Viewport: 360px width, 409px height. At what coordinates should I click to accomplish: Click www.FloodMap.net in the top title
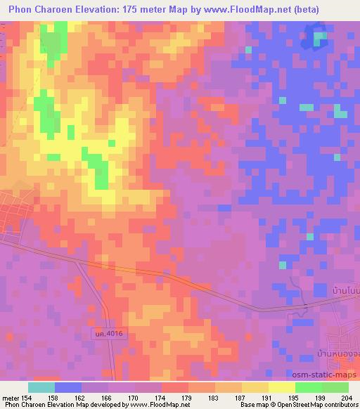click(x=239, y=10)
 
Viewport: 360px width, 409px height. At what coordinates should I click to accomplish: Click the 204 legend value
click(x=344, y=398)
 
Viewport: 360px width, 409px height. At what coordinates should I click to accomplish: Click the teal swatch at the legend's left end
click(x=41, y=387)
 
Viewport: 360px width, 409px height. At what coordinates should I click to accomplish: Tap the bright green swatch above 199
click(x=308, y=387)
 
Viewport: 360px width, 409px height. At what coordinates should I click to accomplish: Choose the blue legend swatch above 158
click(x=68, y=387)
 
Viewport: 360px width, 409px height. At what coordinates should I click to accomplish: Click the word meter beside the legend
click(x=12, y=398)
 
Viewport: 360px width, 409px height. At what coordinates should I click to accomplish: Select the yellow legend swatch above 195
click(x=282, y=387)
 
